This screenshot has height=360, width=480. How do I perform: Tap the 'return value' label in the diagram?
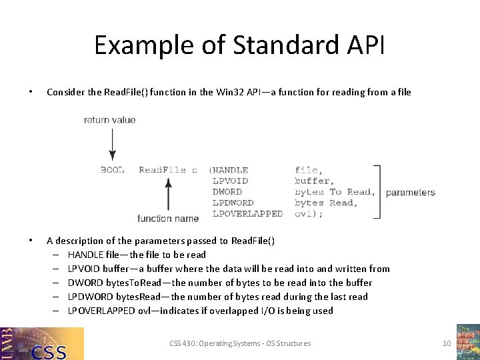109,120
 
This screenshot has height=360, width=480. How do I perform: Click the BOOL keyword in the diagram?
112,170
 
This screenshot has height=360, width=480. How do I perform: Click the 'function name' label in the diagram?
168,218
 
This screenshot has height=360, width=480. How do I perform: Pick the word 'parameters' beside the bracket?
410,193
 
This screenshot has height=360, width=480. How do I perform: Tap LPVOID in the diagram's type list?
230,181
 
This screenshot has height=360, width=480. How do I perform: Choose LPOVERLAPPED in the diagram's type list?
247,213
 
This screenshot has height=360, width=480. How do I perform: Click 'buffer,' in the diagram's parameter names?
313,181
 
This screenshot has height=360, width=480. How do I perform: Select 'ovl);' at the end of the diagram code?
308,213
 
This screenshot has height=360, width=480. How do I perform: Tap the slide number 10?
447,343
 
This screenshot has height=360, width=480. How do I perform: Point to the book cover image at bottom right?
467,341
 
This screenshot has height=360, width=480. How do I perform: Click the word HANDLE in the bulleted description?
85,255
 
